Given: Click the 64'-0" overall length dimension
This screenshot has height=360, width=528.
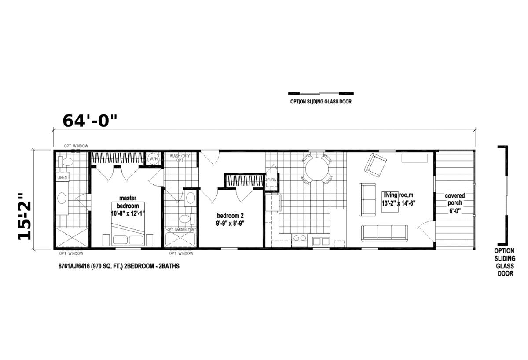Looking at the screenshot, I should click(x=91, y=121).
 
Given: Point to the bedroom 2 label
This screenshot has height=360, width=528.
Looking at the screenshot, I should click(x=230, y=216).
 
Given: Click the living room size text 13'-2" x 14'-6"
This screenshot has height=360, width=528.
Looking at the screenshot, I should click(x=399, y=203).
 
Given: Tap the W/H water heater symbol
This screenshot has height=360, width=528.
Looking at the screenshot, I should click(x=153, y=158).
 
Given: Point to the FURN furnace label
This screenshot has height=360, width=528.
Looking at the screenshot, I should click(x=271, y=180).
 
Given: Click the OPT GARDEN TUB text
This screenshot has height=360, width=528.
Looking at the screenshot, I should click(x=181, y=230).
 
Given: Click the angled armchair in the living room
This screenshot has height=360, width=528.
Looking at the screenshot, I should click(x=374, y=164).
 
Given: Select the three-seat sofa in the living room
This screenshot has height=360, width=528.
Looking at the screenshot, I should click(x=384, y=232).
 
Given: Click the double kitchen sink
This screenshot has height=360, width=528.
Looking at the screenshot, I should click(x=320, y=240).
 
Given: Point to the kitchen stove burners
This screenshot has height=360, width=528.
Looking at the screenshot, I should click(x=300, y=239).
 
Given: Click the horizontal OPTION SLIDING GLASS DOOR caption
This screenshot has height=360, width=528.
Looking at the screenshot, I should click(x=320, y=102).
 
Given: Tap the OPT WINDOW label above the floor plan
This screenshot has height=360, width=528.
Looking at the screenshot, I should click(x=76, y=146).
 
